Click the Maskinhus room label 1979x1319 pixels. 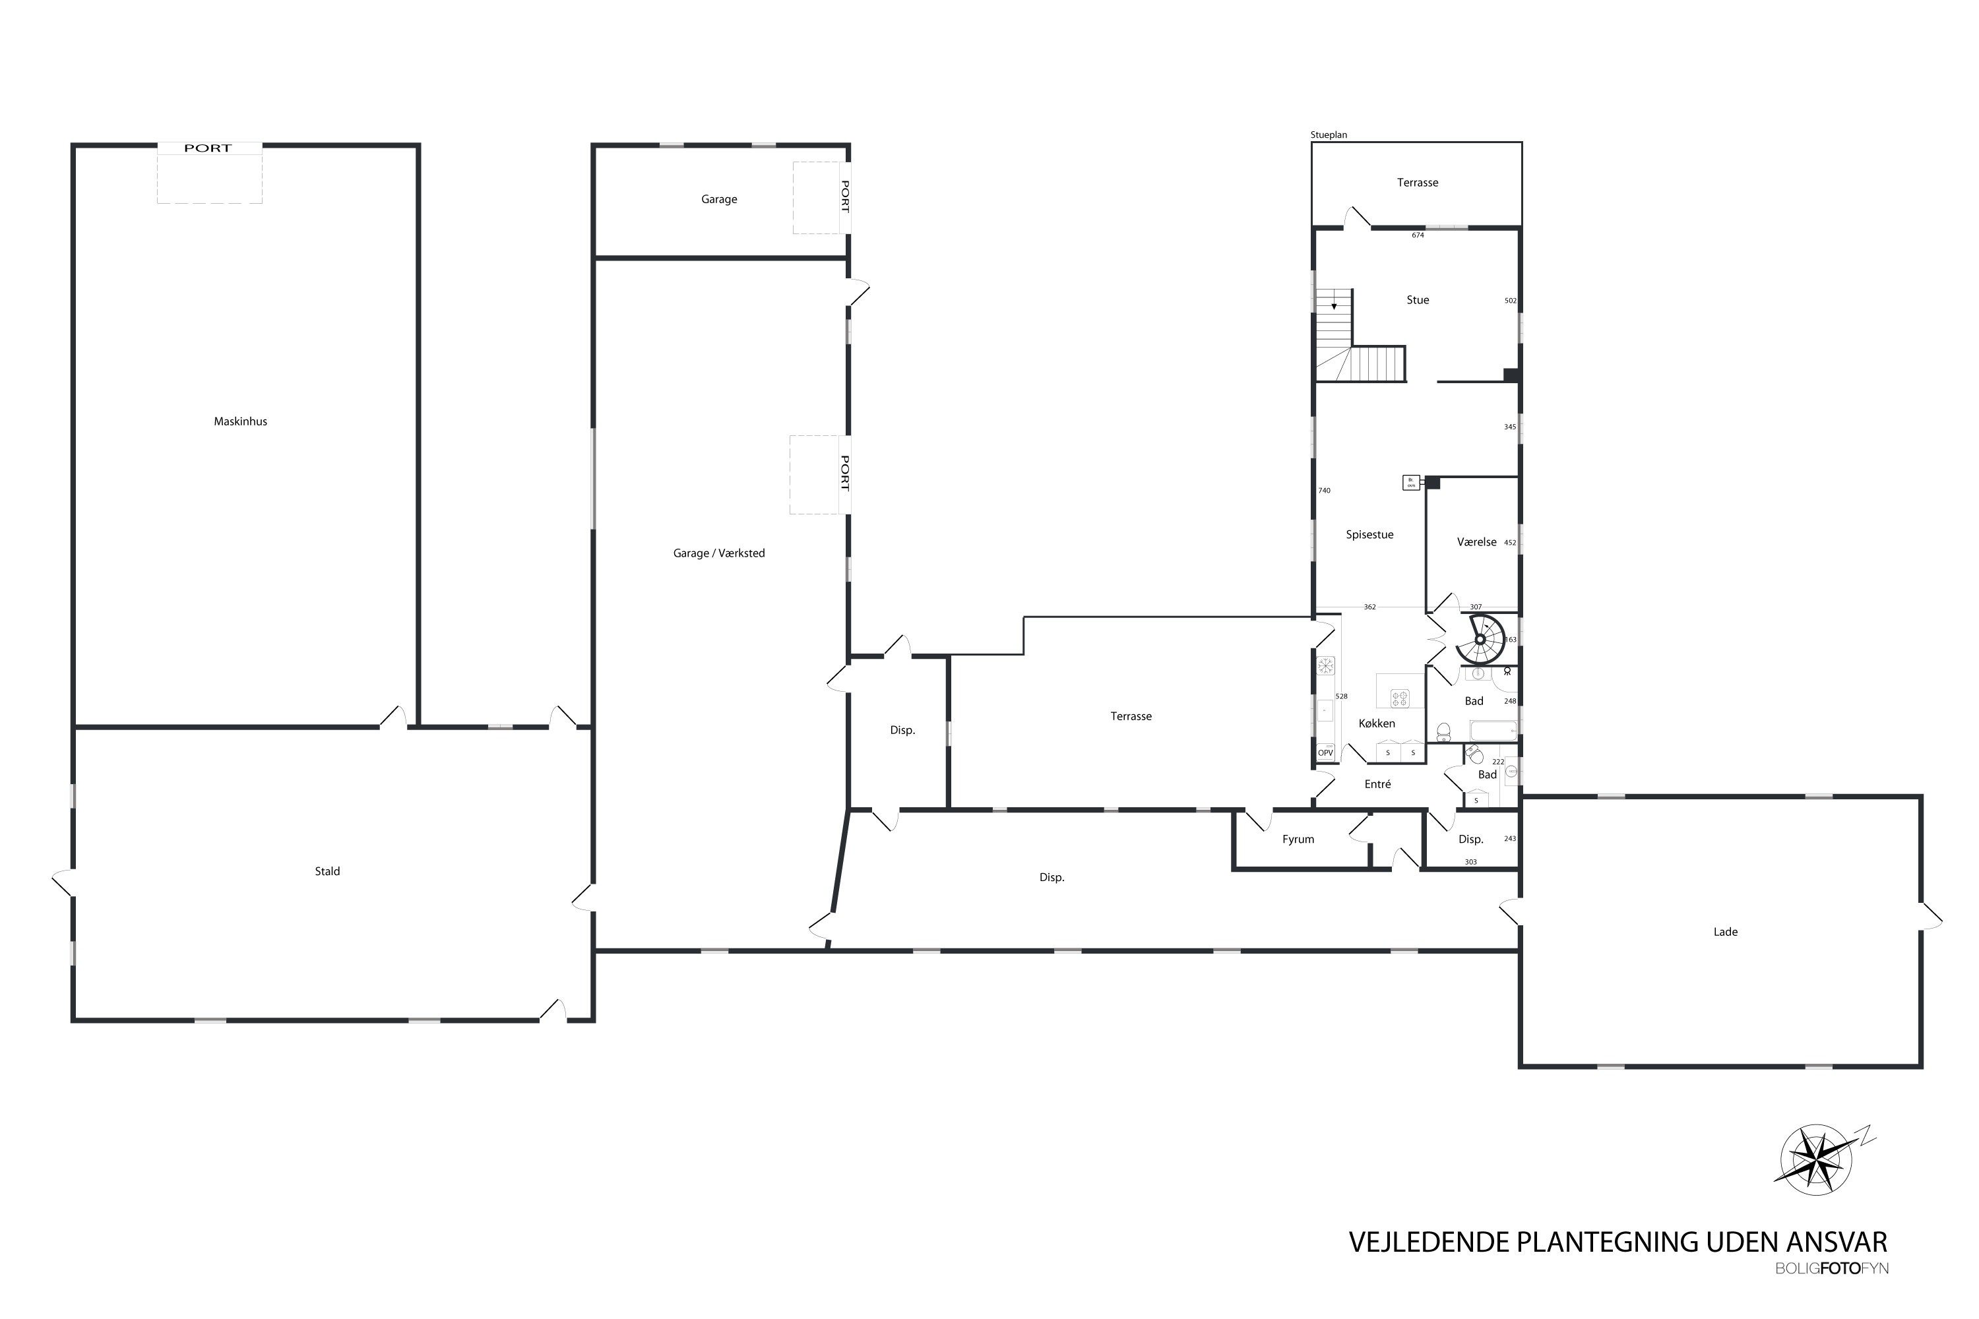pyautogui.click(x=240, y=421)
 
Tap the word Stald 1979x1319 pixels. pyautogui.click(x=327, y=871)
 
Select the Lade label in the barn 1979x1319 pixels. pyautogui.click(x=1725, y=932)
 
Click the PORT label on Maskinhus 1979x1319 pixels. pyautogui.click(x=208, y=148)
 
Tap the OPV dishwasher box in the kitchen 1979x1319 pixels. pyautogui.click(x=1325, y=753)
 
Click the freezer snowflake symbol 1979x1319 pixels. pyautogui.click(x=1325, y=666)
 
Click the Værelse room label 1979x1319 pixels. pyautogui.click(x=1477, y=543)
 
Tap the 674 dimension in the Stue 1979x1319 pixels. pyautogui.click(x=1418, y=235)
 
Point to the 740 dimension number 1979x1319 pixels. pyautogui.click(x=1325, y=491)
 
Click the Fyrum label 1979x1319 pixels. pyautogui.click(x=1298, y=840)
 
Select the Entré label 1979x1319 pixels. pyautogui.click(x=1377, y=784)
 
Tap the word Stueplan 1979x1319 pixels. pyautogui.click(x=1329, y=135)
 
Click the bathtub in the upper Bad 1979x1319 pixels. pyautogui.click(x=1493, y=731)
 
